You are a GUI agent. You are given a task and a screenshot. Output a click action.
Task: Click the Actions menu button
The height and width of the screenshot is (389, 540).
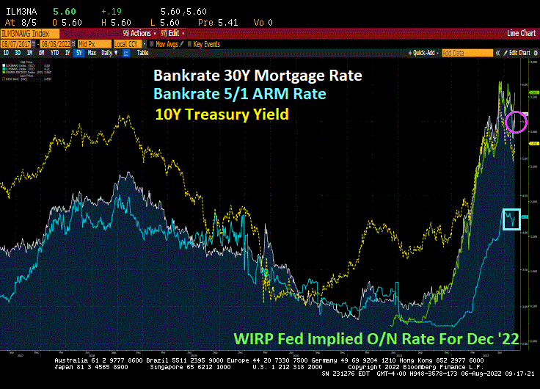click(x=138, y=33)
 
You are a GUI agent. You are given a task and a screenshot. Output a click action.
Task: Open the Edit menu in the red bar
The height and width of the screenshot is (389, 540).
click(x=172, y=33)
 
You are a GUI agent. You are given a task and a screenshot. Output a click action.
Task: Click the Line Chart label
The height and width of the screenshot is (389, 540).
click(x=522, y=33)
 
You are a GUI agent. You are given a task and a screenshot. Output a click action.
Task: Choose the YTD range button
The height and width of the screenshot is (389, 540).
click(x=55, y=53)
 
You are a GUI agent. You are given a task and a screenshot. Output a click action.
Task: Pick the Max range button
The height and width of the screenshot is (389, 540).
click(x=92, y=53)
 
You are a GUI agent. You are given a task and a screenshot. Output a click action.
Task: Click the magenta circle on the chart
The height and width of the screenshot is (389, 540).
click(x=517, y=121)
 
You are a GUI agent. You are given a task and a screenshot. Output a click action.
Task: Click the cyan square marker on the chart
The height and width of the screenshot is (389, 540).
click(x=510, y=218)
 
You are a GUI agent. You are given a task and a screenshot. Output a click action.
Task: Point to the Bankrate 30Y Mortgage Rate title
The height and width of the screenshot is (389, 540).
click(x=258, y=76)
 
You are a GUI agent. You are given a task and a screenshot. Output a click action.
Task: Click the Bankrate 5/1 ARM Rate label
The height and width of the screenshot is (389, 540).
click(x=239, y=95)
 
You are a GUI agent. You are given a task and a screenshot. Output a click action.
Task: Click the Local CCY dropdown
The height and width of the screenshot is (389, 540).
click(x=124, y=43)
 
